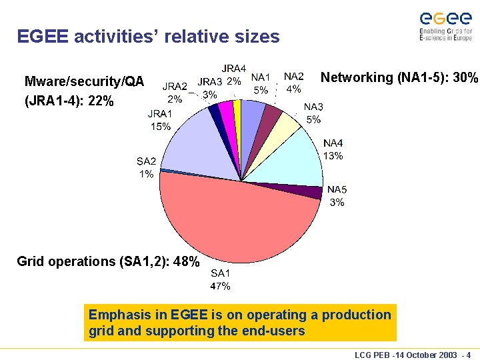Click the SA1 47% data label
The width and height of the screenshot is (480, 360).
[x=221, y=279]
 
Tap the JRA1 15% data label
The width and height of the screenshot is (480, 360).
[x=159, y=120]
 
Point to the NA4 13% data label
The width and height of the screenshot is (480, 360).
[x=333, y=150]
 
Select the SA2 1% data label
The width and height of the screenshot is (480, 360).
[x=146, y=167]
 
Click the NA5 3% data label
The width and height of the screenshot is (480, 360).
[x=337, y=196]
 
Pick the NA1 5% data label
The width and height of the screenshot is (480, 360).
[x=261, y=83]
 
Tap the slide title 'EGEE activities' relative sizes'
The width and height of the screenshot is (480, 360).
[x=148, y=37]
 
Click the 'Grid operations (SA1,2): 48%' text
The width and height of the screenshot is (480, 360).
[x=108, y=261]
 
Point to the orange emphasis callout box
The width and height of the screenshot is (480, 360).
[x=240, y=323]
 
